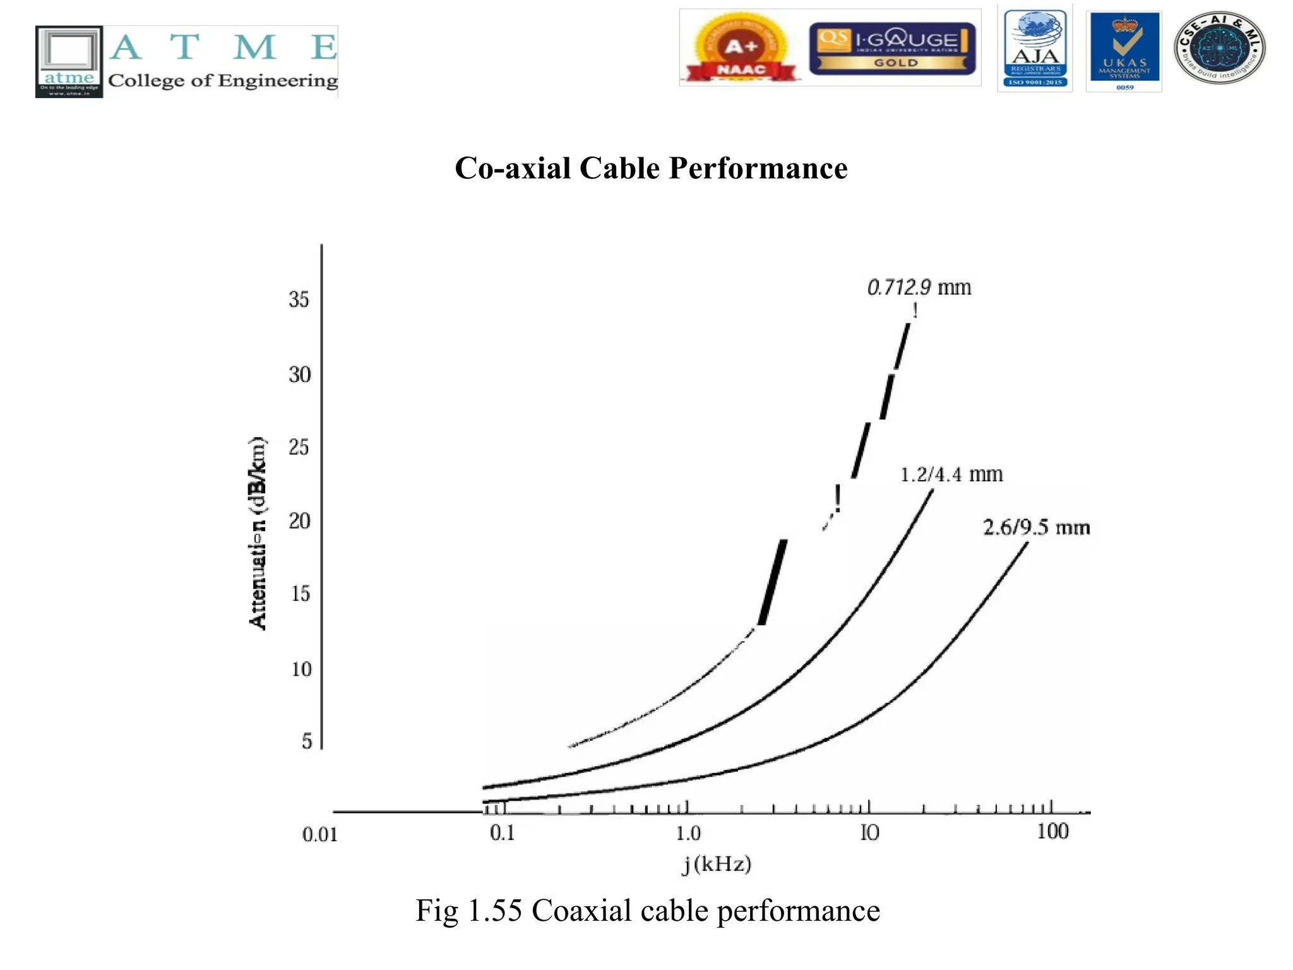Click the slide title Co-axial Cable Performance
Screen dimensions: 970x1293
(651, 169)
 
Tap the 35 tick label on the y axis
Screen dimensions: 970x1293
(299, 299)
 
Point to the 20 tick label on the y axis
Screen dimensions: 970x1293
(300, 521)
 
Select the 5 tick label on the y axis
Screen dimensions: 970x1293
(307, 741)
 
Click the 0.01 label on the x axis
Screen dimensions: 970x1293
(320, 835)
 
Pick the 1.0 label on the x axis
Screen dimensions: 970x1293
(688, 834)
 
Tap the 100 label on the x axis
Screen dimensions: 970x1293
(1052, 832)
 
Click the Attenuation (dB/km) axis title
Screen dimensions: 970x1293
(258, 533)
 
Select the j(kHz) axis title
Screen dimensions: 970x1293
(717, 864)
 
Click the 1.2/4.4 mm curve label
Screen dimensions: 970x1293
(951, 474)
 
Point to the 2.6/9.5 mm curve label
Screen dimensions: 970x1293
(1036, 527)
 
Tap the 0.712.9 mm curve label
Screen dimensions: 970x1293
(919, 287)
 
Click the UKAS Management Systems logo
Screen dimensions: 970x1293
(1124, 51)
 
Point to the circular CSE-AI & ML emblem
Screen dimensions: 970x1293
(1219, 47)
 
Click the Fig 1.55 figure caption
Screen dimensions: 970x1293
(648, 911)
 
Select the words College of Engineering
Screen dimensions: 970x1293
(223, 81)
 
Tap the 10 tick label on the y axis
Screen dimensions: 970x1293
(301, 669)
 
